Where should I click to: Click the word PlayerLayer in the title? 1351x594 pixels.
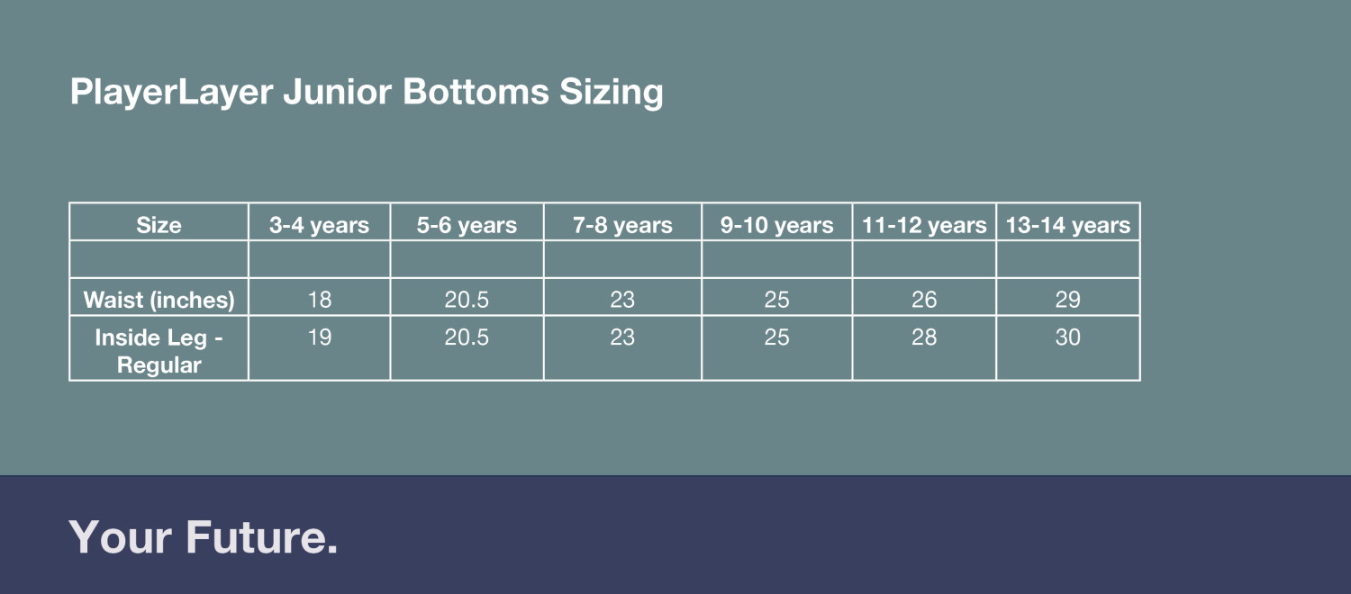tap(171, 92)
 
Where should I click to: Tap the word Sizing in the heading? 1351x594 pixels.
tap(611, 92)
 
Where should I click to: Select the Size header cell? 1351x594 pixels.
tap(159, 225)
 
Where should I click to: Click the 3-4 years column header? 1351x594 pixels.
tap(319, 225)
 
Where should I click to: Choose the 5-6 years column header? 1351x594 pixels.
tap(467, 225)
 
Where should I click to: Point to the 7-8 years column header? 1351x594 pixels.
tap(622, 225)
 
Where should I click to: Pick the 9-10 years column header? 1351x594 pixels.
tap(776, 225)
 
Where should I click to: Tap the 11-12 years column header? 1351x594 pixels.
tap(924, 225)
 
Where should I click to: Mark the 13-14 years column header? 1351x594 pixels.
tap(1068, 225)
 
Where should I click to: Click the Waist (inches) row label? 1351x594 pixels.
tap(159, 300)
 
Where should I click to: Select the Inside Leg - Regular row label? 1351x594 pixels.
tap(159, 351)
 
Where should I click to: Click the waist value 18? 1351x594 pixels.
tap(319, 300)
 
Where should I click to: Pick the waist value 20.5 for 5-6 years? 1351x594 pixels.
tap(467, 300)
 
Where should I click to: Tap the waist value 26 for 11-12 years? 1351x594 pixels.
tap(924, 300)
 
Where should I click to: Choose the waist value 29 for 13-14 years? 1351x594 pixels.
tap(1068, 300)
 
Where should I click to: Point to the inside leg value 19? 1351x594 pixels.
tap(319, 337)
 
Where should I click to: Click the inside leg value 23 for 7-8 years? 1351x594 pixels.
tap(622, 337)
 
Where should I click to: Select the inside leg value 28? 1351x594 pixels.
tap(924, 337)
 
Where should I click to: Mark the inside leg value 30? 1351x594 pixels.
tap(1068, 337)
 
